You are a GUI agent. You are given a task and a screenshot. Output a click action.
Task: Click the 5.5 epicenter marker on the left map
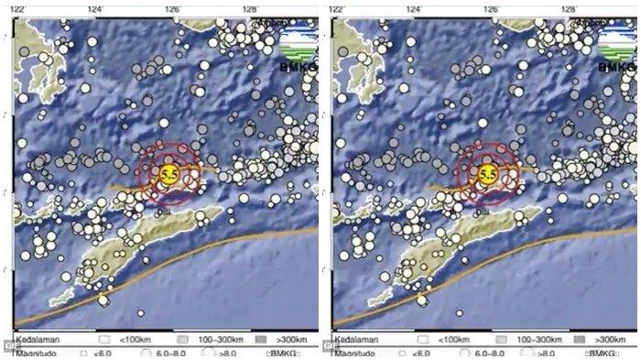click(x=168, y=173)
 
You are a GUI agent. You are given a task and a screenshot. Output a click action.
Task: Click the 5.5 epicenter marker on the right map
click(x=487, y=173)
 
